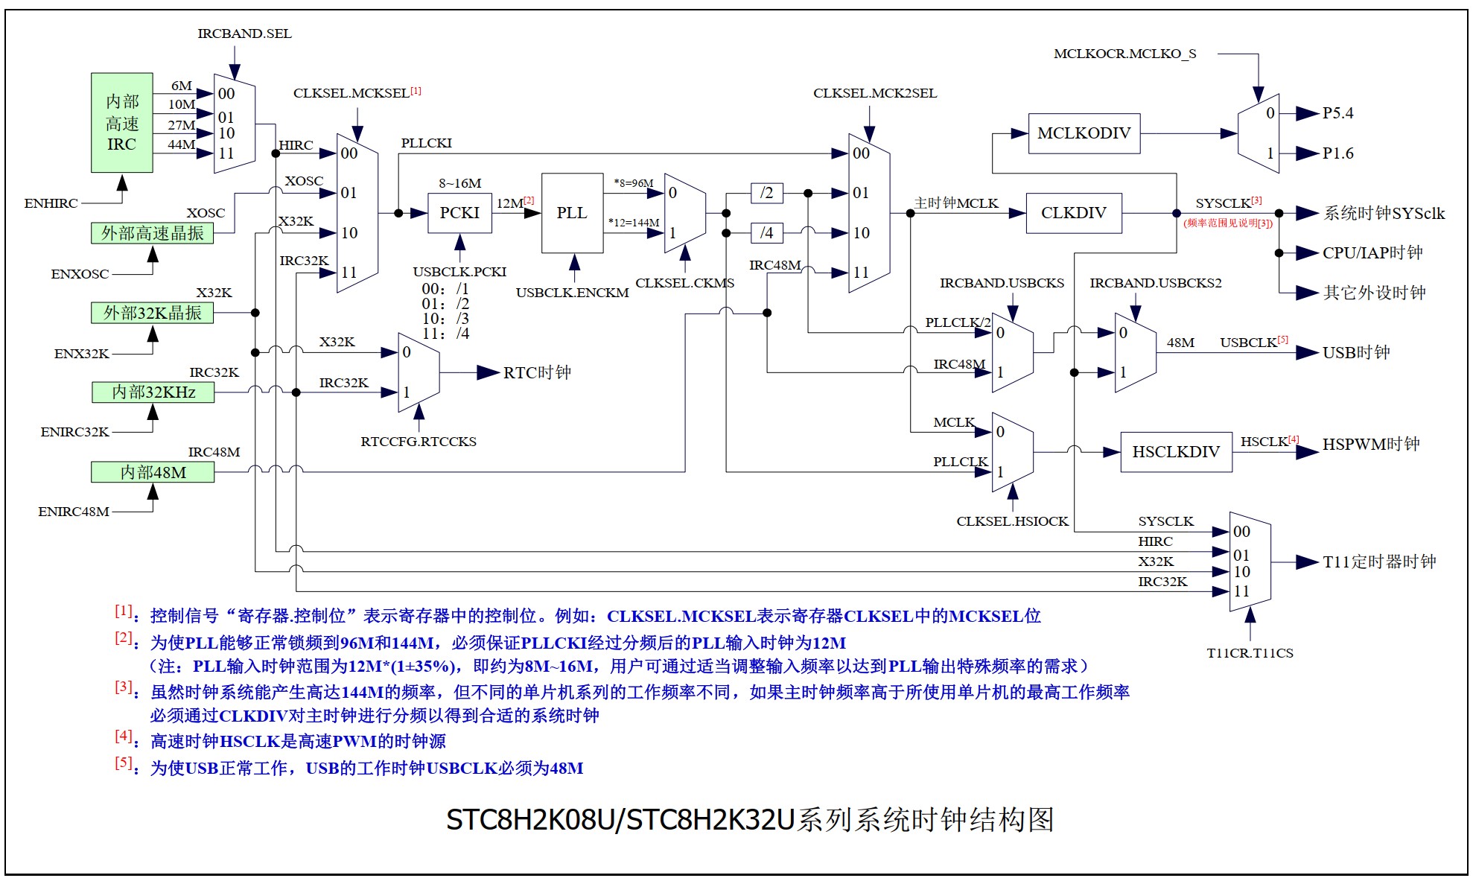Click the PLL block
point(572,213)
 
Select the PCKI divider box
point(459,213)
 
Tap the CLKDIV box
point(1073,213)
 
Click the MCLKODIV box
point(1084,133)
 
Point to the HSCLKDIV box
point(1176,451)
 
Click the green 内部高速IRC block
point(122,123)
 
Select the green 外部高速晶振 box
point(152,233)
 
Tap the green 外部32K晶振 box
point(152,313)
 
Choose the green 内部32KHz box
point(153,392)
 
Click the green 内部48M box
point(153,472)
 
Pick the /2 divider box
point(766,193)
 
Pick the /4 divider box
point(766,233)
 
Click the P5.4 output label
point(1337,113)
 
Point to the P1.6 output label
point(1337,153)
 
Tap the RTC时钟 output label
point(537,372)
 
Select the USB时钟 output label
point(1356,352)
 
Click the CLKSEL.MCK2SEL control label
point(875,93)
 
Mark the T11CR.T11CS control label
point(1250,653)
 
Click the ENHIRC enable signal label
point(51,203)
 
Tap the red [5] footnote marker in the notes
point(124,763)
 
